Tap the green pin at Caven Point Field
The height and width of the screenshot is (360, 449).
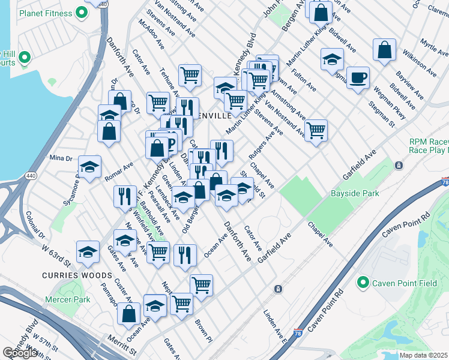point(363,282)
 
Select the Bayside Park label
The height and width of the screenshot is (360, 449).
point(355,194)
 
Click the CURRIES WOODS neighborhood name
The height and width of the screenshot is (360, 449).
point(76,275)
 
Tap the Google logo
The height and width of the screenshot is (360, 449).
point(20,353)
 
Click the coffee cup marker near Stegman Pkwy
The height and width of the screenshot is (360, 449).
point(358,78)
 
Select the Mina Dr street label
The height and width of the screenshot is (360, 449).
point(61,158)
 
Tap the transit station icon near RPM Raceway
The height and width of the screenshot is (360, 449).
point(398,165)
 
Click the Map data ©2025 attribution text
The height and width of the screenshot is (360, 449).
point(424,355)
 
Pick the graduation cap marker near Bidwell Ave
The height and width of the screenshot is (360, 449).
point(332,59)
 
